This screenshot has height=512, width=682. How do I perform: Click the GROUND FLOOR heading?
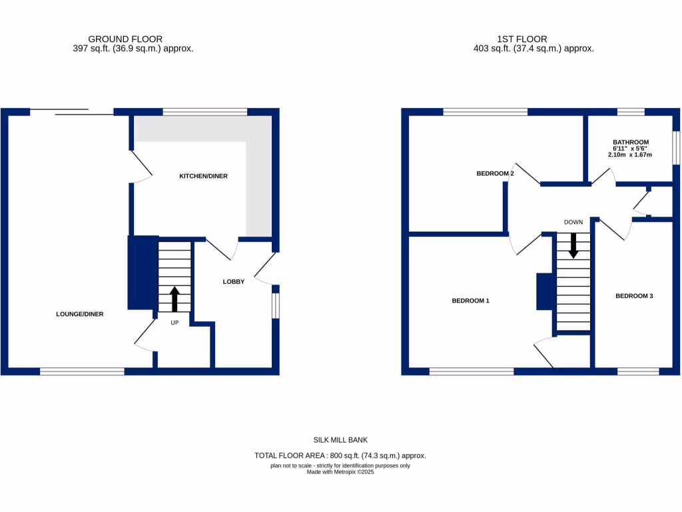coord(125,39)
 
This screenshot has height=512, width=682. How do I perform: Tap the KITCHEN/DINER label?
coord(203,176)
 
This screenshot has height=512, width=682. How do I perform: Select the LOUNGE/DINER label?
coord(79,314)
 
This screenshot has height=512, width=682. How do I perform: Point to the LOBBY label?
coord(233,282)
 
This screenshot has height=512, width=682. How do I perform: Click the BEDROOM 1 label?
coord(470,301)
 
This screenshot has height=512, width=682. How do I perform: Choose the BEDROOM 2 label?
coord(495,173)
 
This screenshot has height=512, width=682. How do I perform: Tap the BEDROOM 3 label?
coord(633,295)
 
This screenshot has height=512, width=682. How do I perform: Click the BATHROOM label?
coord(630,142)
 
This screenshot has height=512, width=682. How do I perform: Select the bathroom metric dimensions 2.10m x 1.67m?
coord(629,155)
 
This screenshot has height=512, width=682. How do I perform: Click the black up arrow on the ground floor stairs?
coord(174,299)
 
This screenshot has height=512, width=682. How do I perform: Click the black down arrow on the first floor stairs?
coord(573,245)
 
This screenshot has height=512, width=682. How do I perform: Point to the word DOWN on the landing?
coord(573,222)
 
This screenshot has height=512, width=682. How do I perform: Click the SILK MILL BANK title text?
coord(340,440)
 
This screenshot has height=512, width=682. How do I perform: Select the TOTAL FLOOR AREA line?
coord(340,455)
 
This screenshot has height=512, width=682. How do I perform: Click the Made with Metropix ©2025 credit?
coord(340,471)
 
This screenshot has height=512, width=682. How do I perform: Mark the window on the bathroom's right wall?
coord(675,147)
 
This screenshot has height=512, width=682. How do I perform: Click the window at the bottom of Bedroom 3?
coord(638,371)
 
